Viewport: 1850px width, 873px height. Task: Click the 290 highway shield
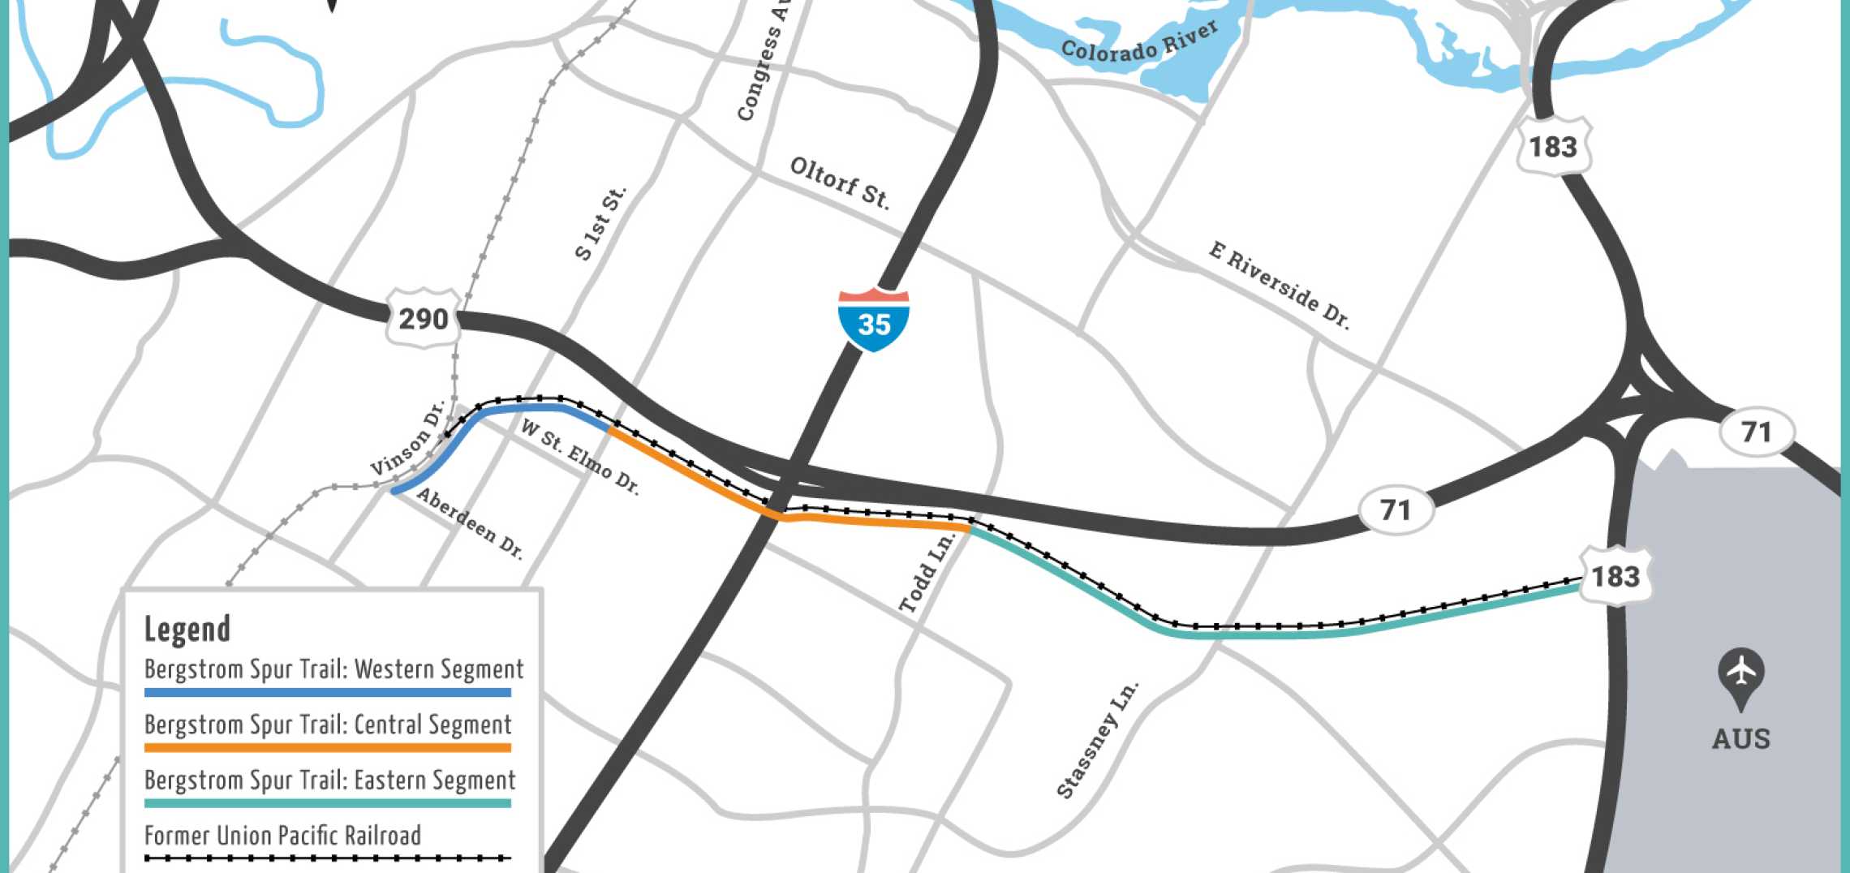[x=423, y=318]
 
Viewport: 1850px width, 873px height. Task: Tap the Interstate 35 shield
[x=874, y=320]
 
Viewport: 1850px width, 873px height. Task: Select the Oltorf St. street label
[x=839, y=183]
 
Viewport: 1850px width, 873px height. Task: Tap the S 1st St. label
[x=600, y=224]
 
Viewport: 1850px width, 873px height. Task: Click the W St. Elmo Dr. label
[x=580, y=457]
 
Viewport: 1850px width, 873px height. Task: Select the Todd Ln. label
[x=927, y=573]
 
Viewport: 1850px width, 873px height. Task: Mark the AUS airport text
[x=1740, y=739]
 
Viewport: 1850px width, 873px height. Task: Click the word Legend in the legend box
[x=187, y=629]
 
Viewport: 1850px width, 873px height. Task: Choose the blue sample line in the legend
[x=328, y=693]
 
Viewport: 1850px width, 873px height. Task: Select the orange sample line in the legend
[x=328, y=748]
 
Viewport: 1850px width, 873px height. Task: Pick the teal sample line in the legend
[x=328, y=803]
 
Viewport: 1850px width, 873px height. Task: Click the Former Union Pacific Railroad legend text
[x=282, y=836]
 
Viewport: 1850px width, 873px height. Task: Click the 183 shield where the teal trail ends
[x=1616, y=576]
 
